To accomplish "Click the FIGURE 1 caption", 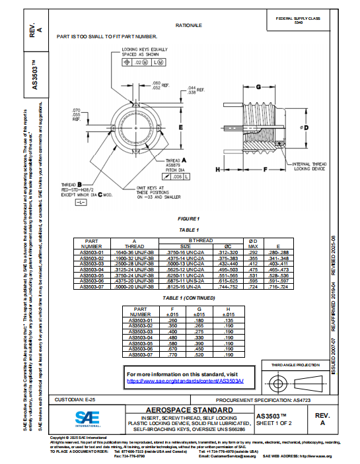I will (188, 218).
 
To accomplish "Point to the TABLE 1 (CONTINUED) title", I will (189, 298).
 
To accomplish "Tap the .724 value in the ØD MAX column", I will (252, 288).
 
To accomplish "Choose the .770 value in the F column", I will (172, 355).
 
